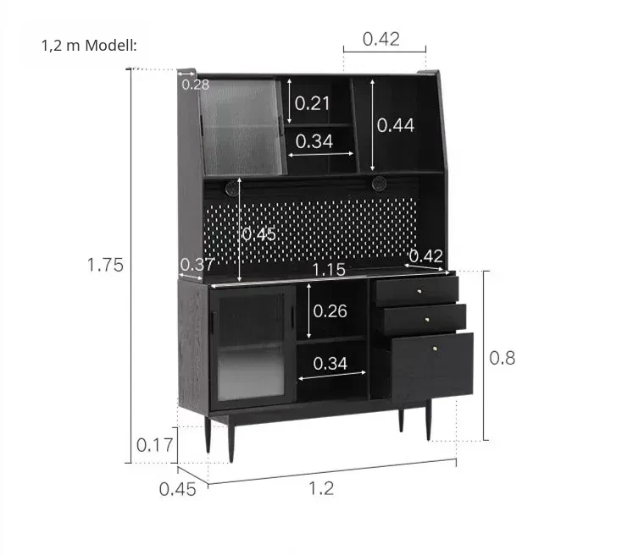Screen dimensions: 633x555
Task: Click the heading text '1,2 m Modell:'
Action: click(89, 46)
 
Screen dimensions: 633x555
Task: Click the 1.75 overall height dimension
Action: click(105, 265)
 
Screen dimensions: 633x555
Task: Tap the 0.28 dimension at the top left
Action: click(196, 85)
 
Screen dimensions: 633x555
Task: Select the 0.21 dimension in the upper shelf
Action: click(312, 103)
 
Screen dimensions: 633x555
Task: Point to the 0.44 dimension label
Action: click(396, 125)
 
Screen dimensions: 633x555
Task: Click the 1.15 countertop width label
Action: click(329, 270)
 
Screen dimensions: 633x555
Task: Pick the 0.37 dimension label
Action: click(197, 265)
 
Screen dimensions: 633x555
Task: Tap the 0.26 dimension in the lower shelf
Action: click(330, 311)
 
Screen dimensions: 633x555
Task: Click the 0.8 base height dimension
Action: click(503, 358)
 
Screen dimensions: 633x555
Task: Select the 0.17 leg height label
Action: click(154, 445)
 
